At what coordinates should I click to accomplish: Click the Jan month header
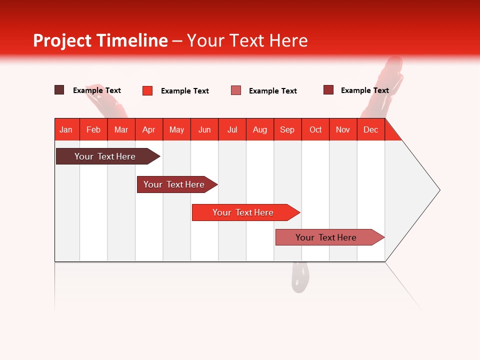click(x=66, y=129)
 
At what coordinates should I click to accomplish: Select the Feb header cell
click(x=93, y=129)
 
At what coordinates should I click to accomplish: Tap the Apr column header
click(x=149, y=129)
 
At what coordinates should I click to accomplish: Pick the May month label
click(x=176, y=129)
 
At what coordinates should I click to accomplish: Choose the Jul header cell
click(x=232, y=129)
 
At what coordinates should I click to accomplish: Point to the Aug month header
click(x=260, y=129)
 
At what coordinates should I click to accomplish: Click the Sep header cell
click(x=287, y=129)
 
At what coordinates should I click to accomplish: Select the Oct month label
click(x=315, y=129)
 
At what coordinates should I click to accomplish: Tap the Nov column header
click(x=343, y=129)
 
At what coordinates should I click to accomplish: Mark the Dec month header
click(x=371, y=129)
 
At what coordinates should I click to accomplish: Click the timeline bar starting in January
click(x=105, y=156)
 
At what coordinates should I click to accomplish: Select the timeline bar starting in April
click(x=174, y=184)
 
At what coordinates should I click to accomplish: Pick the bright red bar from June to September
click(x=243, y=212)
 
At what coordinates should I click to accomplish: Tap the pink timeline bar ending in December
click(x=326, y=237)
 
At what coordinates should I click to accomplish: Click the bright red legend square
click(x=147, y=90)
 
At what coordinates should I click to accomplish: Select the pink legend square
click(x=236, y=90)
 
